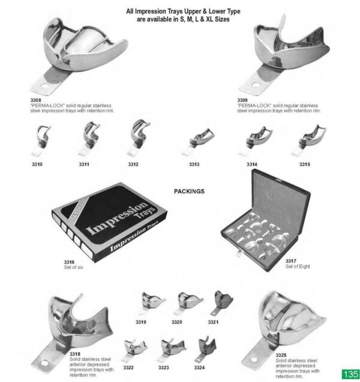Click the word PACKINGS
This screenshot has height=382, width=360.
[189, 191]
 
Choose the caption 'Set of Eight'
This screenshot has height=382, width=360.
[296, 266]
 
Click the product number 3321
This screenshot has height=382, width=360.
[214, 323]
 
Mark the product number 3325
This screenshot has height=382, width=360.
[281, 355]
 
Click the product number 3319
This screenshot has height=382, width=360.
[141, 323]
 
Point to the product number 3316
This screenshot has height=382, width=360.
[69, 262]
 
